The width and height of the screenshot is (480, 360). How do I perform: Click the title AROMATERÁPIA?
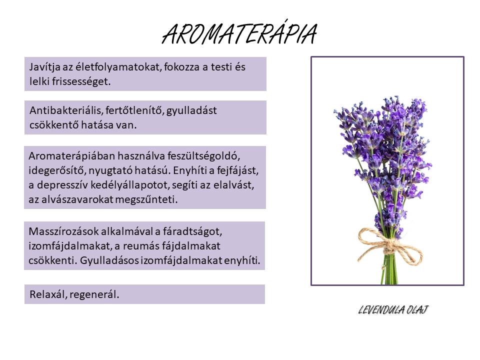[x=239, y=33]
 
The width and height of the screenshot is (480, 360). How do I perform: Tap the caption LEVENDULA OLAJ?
[x=393, y=310]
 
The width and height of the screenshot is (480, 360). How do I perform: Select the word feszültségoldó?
[x=203, y=156]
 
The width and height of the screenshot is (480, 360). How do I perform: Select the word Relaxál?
[x=48, y=294]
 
